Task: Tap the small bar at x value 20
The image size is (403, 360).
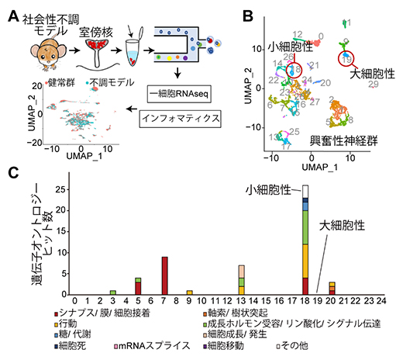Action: tap(332, 288)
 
